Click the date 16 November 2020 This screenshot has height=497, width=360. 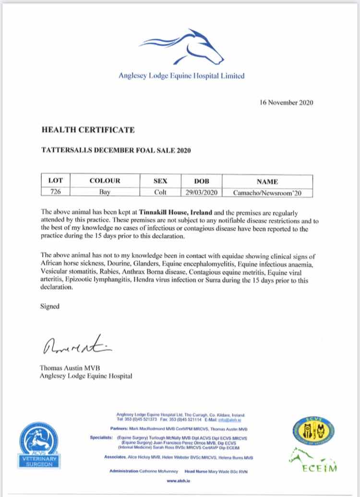tap(286, 102)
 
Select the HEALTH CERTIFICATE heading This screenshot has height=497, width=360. tap(88, 130)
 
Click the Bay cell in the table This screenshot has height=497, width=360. tap(105, 192)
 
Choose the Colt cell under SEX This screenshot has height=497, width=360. tap(159, 192)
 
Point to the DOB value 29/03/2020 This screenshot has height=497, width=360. tap(201, 192)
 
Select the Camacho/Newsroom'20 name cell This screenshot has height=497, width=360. tap(267, 193)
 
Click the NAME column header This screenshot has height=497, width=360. tap(267, 181)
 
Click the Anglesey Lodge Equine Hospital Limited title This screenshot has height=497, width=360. tap(181, 75)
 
